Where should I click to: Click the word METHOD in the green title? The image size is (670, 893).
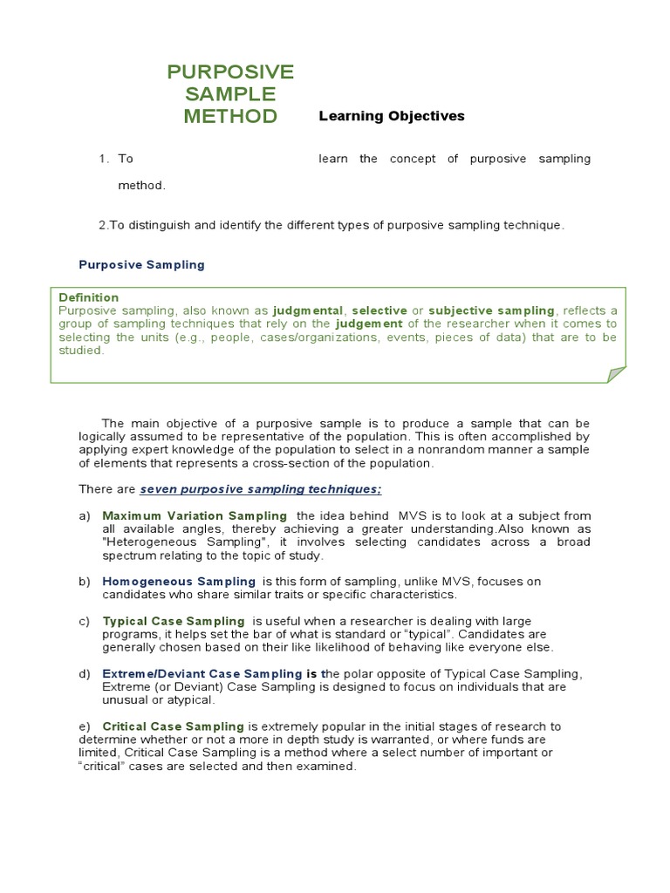point(230,117)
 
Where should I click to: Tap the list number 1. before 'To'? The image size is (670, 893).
point(104,159)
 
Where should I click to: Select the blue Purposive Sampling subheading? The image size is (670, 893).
point(141,265)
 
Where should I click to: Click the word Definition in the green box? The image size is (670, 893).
point(88,297)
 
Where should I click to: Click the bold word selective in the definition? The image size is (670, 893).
point(379,310)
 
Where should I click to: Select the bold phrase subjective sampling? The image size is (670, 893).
point(492,310)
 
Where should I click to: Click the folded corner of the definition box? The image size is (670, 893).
point(616,374)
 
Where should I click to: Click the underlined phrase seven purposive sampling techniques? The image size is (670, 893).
point(261,489)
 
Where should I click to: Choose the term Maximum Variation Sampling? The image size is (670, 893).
point(195,516)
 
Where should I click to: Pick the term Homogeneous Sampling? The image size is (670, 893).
point(179,582)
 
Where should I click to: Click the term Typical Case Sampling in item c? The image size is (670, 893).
point(174,622)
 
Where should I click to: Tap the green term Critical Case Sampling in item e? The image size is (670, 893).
point(174,726)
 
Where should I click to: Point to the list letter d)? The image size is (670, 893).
point(85,674)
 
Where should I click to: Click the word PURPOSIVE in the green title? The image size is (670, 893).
point(230,72)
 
